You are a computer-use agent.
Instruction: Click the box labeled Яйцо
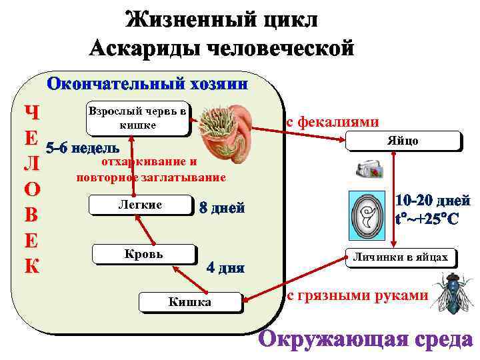click(x=403, y=141)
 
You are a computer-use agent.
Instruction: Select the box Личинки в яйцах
click(x=401, y=257)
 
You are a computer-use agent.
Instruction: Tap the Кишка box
click(x=189, y=303)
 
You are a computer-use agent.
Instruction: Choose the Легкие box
click(x=139, y=205)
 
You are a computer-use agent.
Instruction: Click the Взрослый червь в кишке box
click(x=137, y=119)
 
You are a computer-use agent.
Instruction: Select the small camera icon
click(x=369, y=169)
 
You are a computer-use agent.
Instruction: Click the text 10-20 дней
click(x=433, y=201)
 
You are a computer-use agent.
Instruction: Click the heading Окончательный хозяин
click(x=147, y=85)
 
